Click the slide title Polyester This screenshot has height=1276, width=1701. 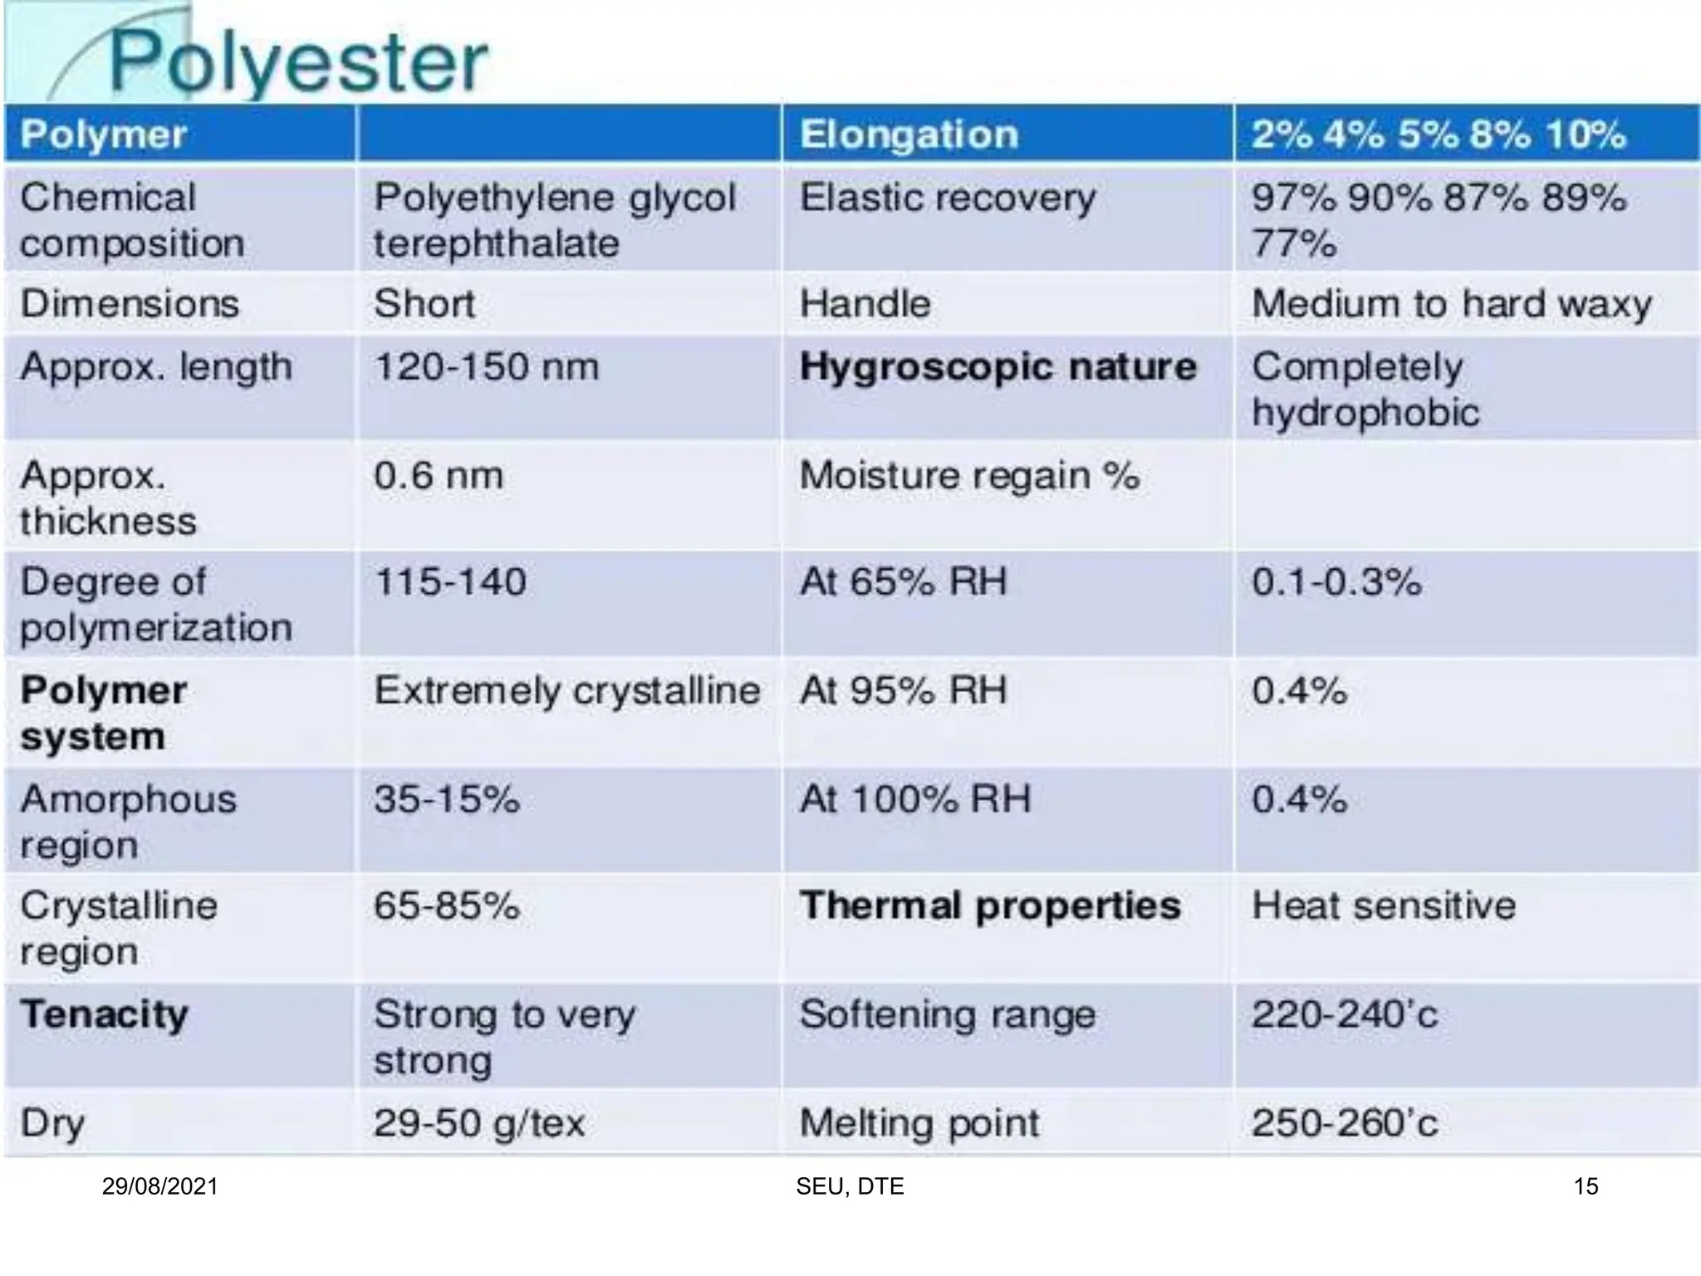pos(299,62)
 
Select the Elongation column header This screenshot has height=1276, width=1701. pos(909,135)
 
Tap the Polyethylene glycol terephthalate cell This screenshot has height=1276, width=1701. pos(554,220)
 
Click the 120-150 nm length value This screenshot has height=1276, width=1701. pos(486,366)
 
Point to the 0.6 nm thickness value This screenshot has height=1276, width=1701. pos(439,476)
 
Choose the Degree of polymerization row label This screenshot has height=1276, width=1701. pos(156,604)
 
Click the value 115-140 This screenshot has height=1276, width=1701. pos(450,582)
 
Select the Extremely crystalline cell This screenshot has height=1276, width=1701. pos(567,690)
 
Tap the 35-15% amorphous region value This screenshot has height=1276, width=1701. pos(447,799)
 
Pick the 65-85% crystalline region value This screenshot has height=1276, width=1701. pos(447,905)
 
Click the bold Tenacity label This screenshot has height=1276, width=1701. pos(105,1014)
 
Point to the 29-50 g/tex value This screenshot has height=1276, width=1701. pos(479,1123)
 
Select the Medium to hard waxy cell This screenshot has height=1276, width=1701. pos(1451,303)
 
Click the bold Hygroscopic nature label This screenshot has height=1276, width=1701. pos(998,366)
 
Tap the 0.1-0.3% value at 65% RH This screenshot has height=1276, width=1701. pos(1336,582)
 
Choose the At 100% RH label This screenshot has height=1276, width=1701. pos(914,799)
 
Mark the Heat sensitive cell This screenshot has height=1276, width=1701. pos(1384,905)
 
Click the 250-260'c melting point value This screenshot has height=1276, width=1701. pos(1345,1123)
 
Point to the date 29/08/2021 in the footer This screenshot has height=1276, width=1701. pos(159,1186)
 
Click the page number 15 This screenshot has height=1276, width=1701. pos(1586,1186)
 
